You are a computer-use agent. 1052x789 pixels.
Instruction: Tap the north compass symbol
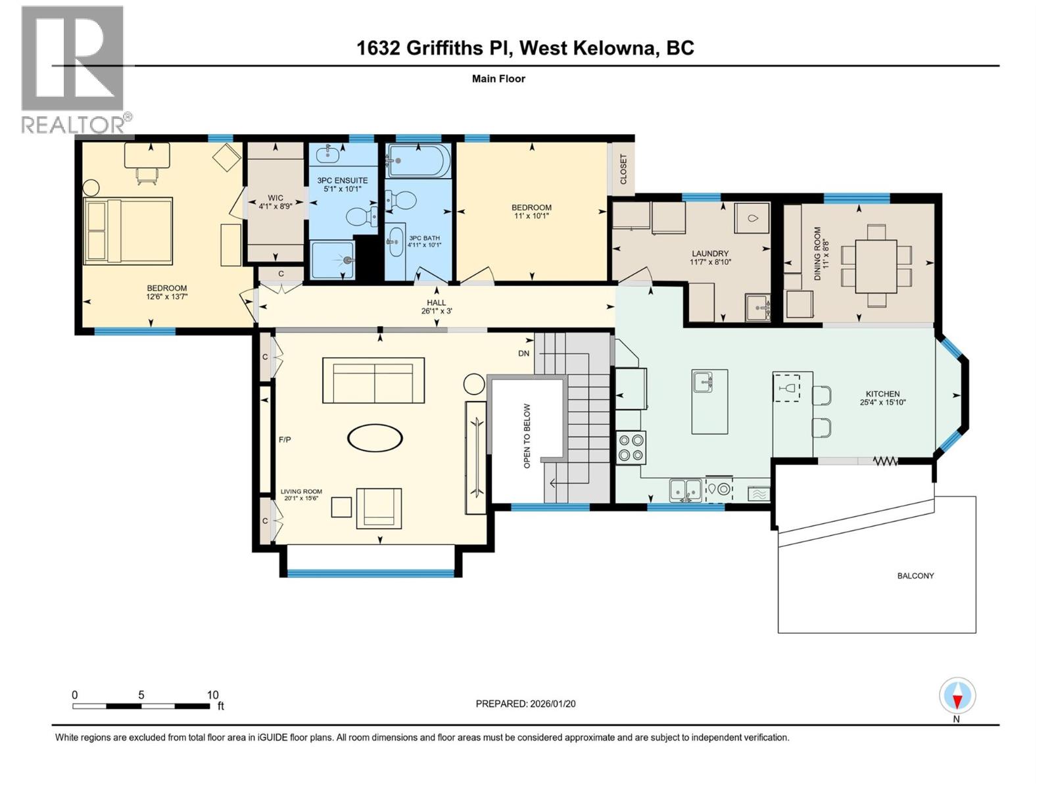tap(957, 696)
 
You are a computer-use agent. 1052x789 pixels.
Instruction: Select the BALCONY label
tap(915, 575)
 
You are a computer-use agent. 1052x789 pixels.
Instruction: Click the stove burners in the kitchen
tap(631, 447)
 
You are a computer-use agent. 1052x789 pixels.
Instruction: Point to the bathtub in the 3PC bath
tap(419, 160)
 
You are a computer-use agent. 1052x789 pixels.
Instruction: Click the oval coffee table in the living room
tap(375, 438)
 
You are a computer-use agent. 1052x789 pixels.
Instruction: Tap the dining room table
tap(876, 266)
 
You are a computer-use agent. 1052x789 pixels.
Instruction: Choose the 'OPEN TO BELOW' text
tap(527, 436)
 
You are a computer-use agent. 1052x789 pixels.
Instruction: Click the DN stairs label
tap(523, 353)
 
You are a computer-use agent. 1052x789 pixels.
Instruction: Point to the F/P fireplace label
tap(285, 439)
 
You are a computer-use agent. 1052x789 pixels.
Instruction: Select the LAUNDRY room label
tap(710, 253)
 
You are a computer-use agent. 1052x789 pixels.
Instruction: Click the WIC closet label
tap(275, 198)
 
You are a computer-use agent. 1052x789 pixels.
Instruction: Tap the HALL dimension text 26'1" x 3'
tap(437, 311)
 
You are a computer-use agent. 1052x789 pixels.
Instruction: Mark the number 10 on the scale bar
tap(212, 695)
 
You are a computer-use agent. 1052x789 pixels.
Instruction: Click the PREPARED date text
tap(525, 704)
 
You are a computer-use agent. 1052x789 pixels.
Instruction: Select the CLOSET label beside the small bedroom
tap(623, 169)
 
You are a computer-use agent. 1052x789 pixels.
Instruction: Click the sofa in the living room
tap(373, 380)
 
